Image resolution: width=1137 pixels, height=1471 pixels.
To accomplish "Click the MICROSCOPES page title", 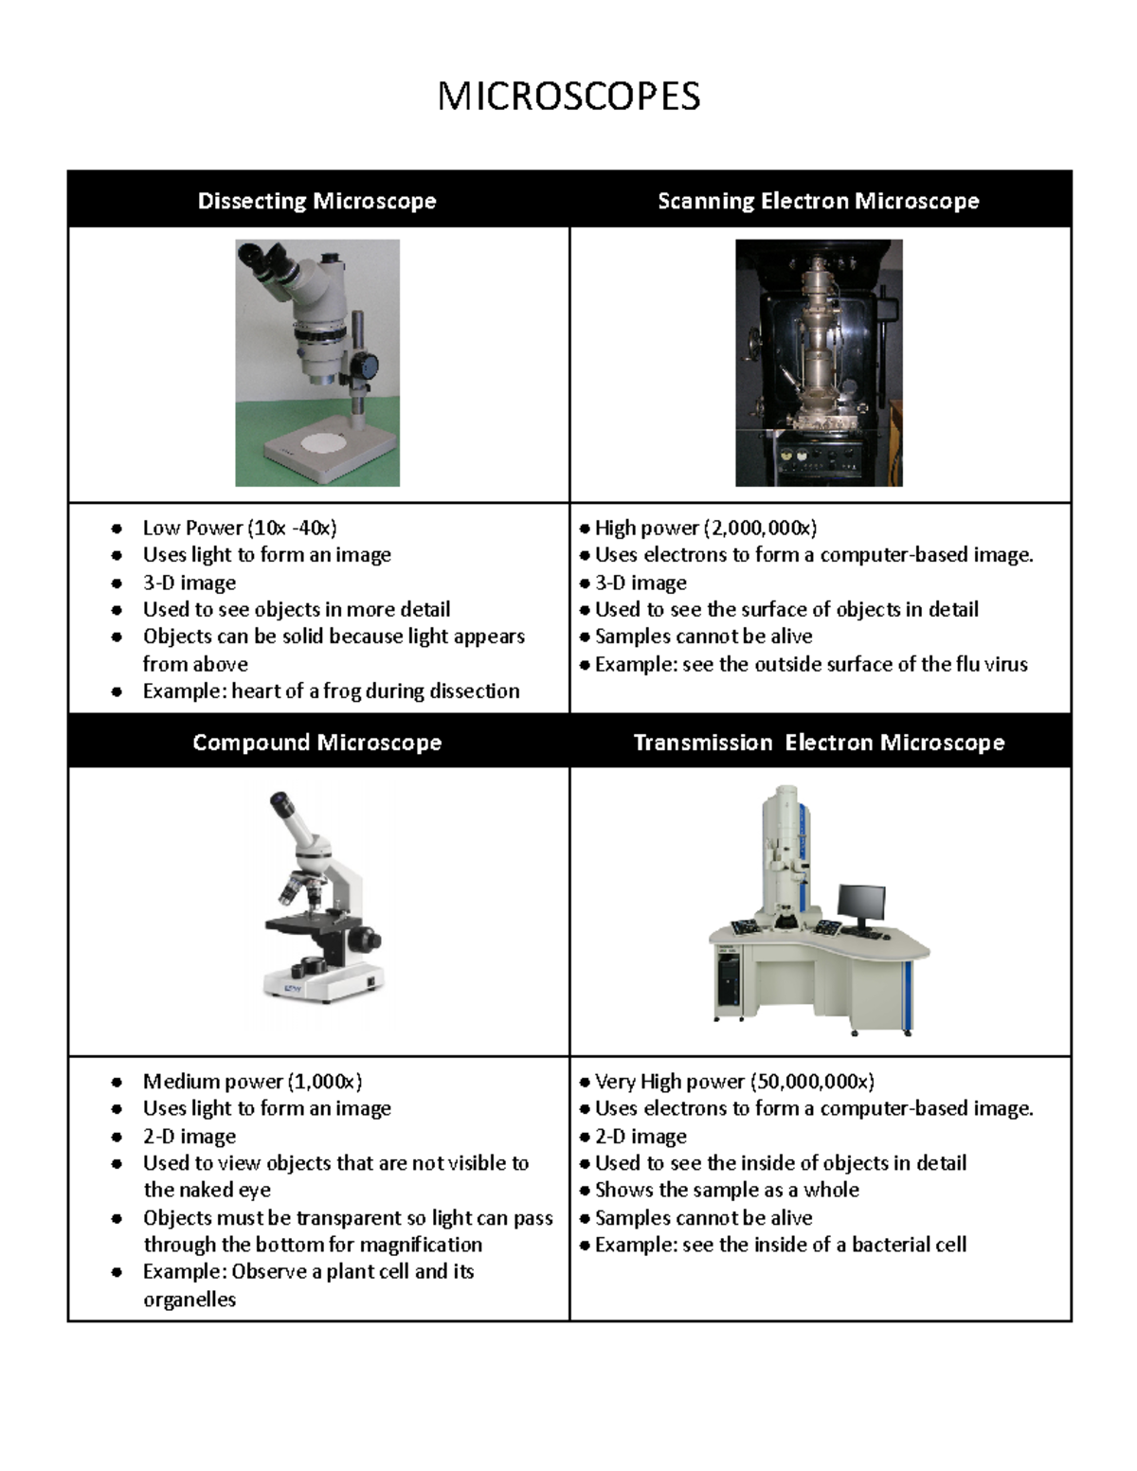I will tap(568, 97).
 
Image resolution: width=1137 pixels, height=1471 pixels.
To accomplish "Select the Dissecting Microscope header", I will tap(316, 201).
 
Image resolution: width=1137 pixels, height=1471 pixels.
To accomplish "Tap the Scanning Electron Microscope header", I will tap(818, 201).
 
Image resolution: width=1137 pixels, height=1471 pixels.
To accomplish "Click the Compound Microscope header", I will tap(316, 743).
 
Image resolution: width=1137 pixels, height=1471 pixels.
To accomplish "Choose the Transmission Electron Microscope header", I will tap(818, 743).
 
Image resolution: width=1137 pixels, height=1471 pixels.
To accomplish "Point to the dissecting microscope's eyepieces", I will tap(265, 258).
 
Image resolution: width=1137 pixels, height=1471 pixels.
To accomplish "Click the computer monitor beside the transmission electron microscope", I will tap(861, 904).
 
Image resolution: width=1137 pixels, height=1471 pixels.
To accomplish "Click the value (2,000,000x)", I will tap(759, 528).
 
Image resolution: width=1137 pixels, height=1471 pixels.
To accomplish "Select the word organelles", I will tap(189, 1300).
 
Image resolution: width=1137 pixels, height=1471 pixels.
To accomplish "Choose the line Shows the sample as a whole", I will tap(726, 1190).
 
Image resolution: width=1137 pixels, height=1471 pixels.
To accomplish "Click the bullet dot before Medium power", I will tap(117, 1082).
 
